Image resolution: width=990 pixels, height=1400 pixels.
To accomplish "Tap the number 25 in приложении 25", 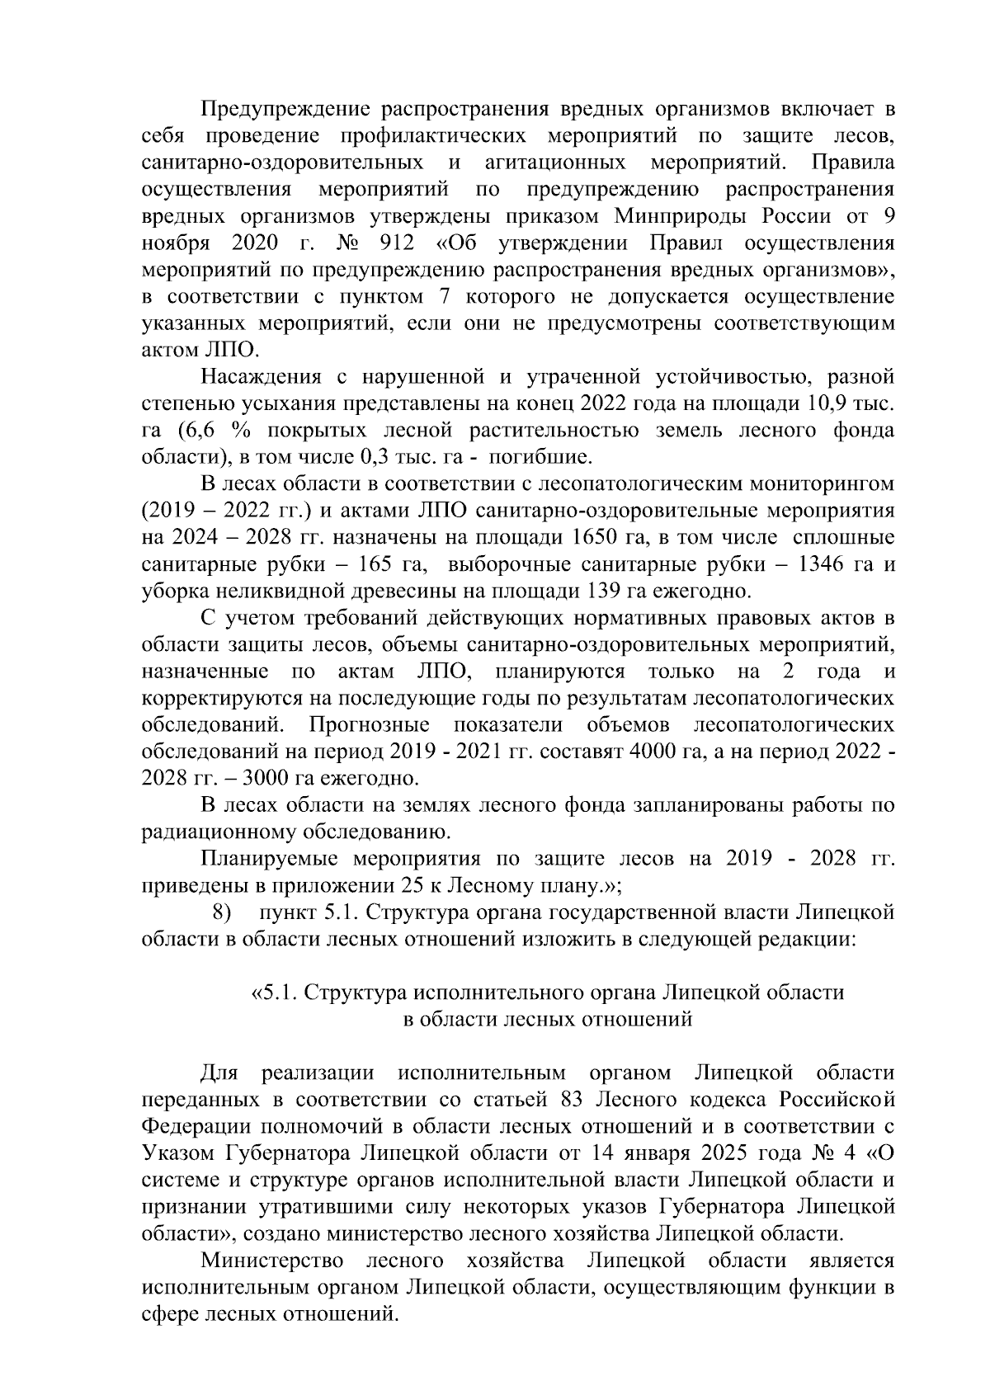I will coord(406,886).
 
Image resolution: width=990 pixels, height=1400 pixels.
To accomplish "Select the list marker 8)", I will coord(221,913).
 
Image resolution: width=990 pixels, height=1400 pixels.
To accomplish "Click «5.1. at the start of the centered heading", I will coord(274,992).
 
